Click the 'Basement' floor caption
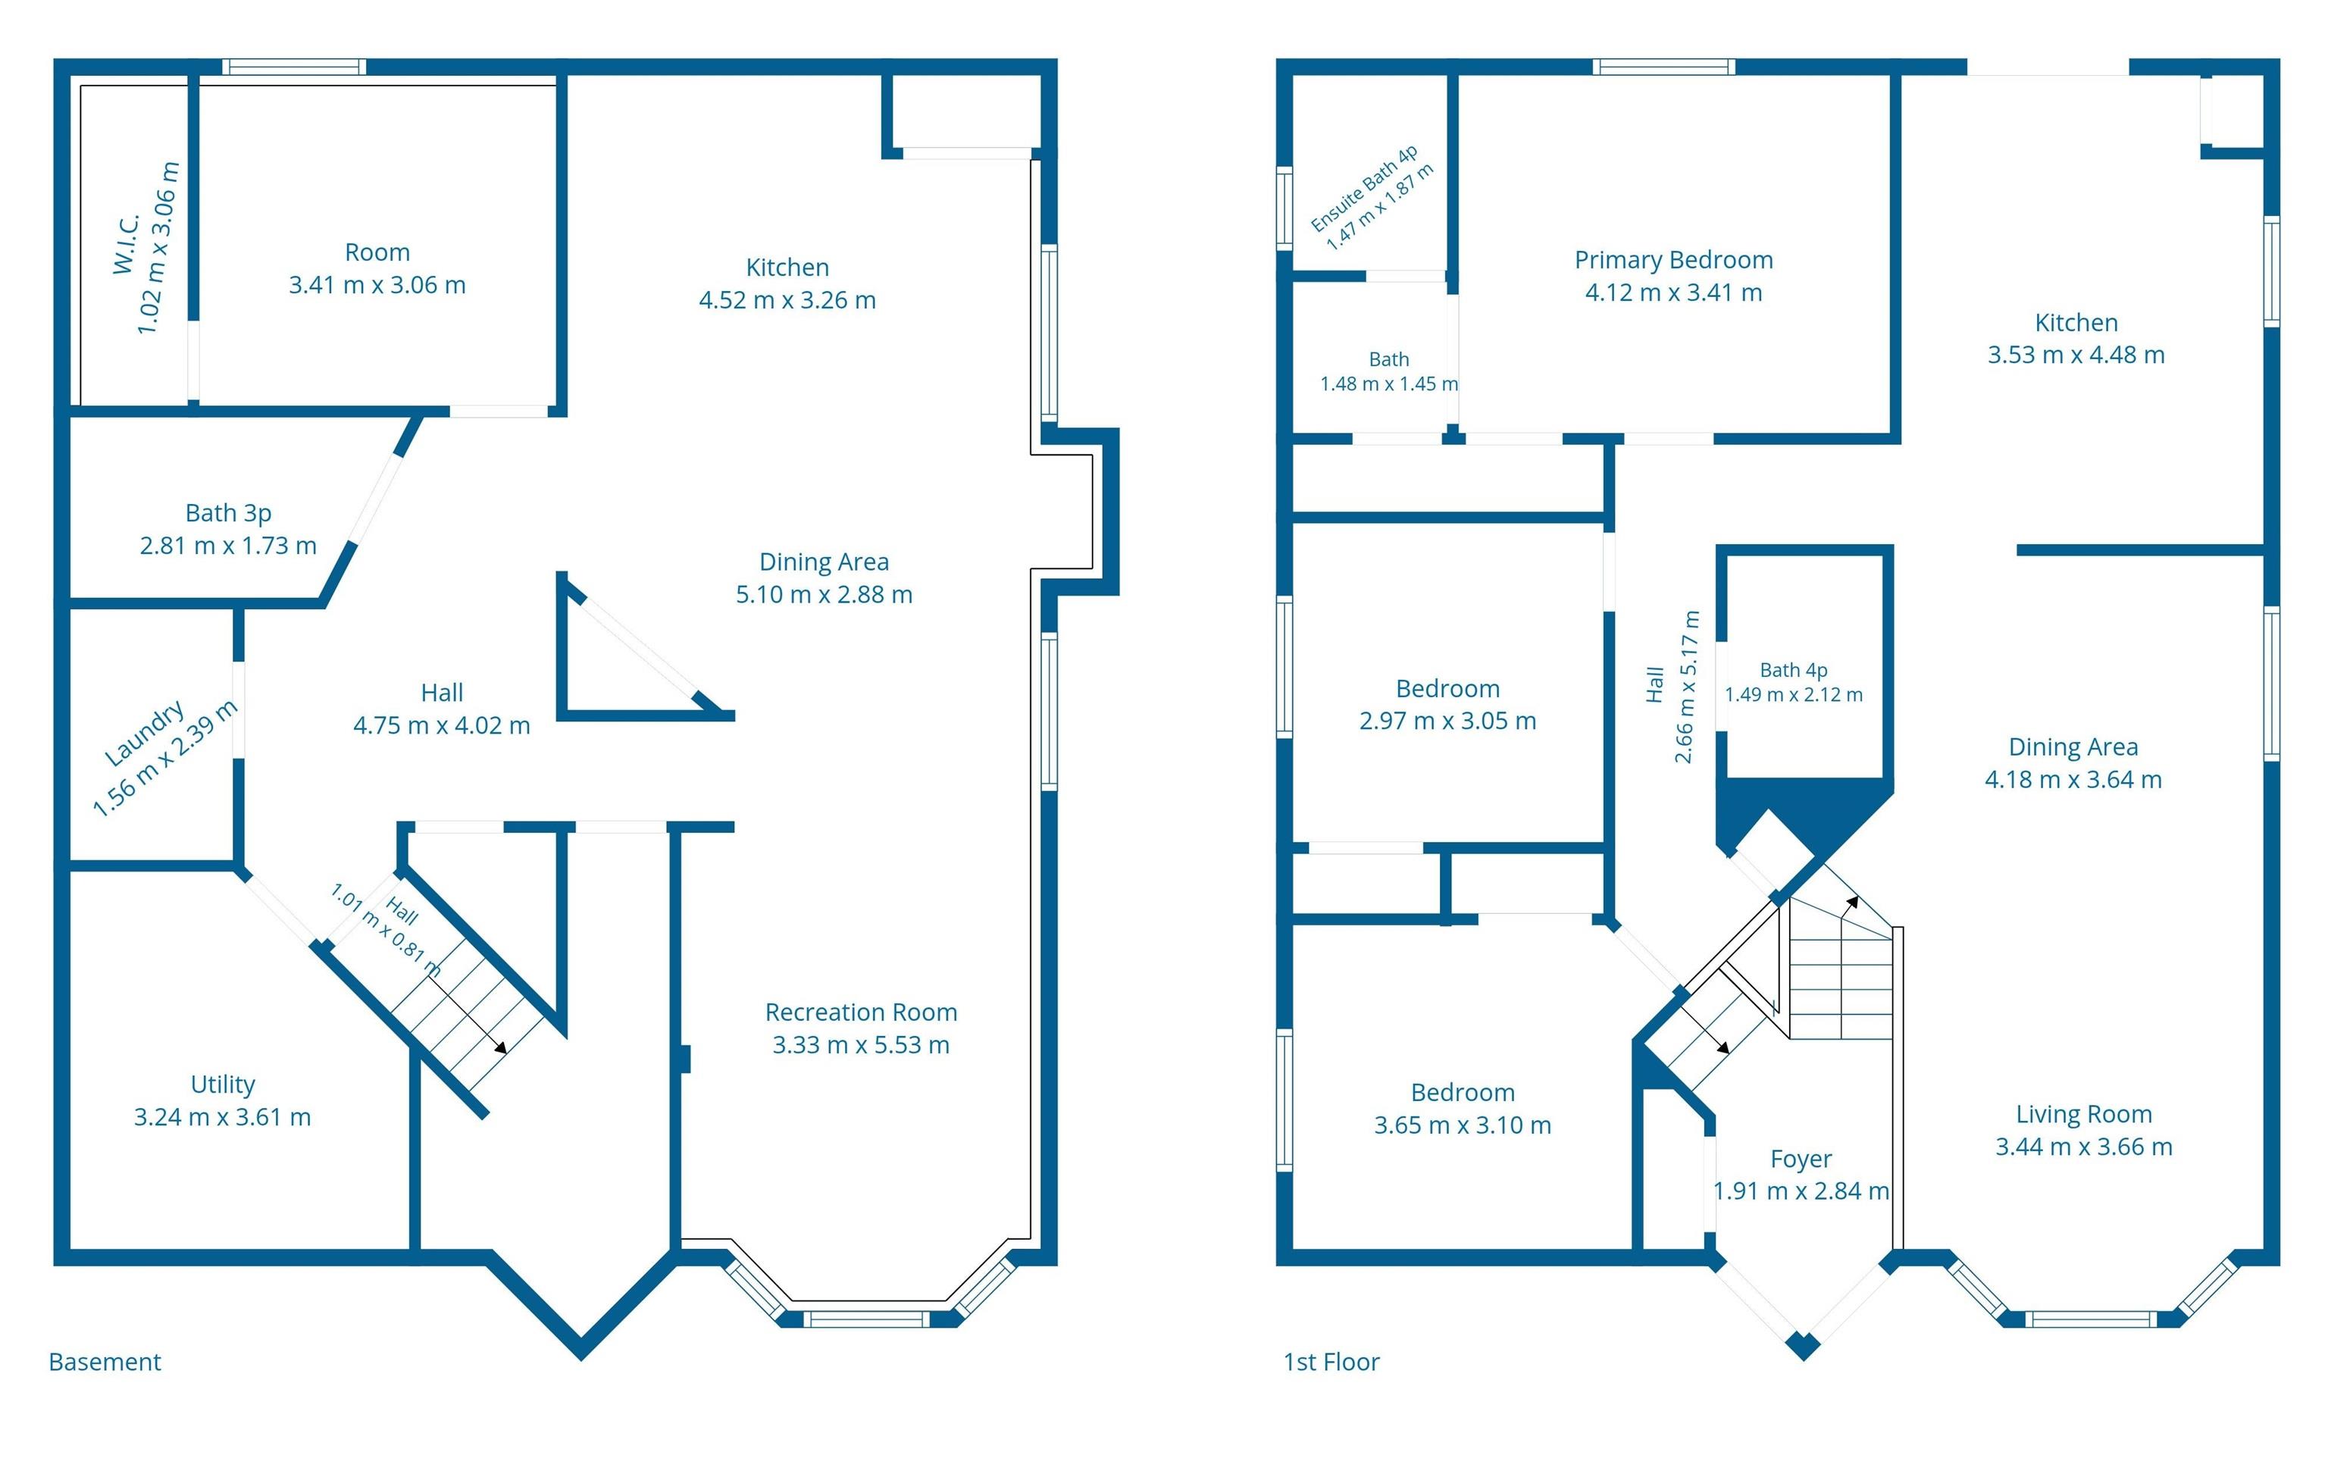(x=105, y=1362)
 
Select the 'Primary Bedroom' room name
(x=1673, y=260)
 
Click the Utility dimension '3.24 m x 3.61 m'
(x=222, y=1117)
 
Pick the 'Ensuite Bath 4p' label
(x=1363, y=189)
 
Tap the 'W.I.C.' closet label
(x=126, y=243)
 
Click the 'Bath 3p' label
(x=228, y=513)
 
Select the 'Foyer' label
(x=1800, y=1159)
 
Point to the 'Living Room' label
(x=2083, y=1115)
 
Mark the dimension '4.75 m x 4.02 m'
(x=442, y=726)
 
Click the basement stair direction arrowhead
(x=500, y=1047)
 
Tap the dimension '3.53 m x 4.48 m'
(x=2076, y=355)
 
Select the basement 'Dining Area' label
(x=824, y=562)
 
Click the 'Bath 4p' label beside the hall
(x=1794, y=670)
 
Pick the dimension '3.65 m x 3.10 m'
(x=1463, y=1125)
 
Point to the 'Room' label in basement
(x=377, y=252)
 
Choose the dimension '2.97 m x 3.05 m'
(x=1447, y=721)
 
